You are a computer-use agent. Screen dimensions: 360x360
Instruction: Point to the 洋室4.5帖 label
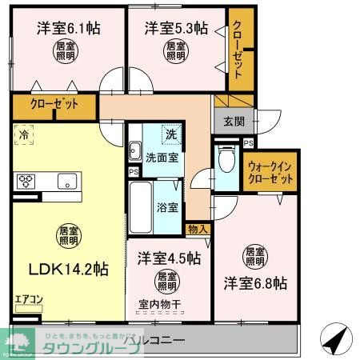168,258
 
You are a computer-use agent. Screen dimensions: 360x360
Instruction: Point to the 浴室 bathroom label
166,207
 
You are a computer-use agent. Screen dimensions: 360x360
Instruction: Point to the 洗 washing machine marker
170,133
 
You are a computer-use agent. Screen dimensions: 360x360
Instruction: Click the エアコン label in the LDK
27,301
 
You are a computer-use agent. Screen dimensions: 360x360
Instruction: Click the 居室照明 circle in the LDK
68,235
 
